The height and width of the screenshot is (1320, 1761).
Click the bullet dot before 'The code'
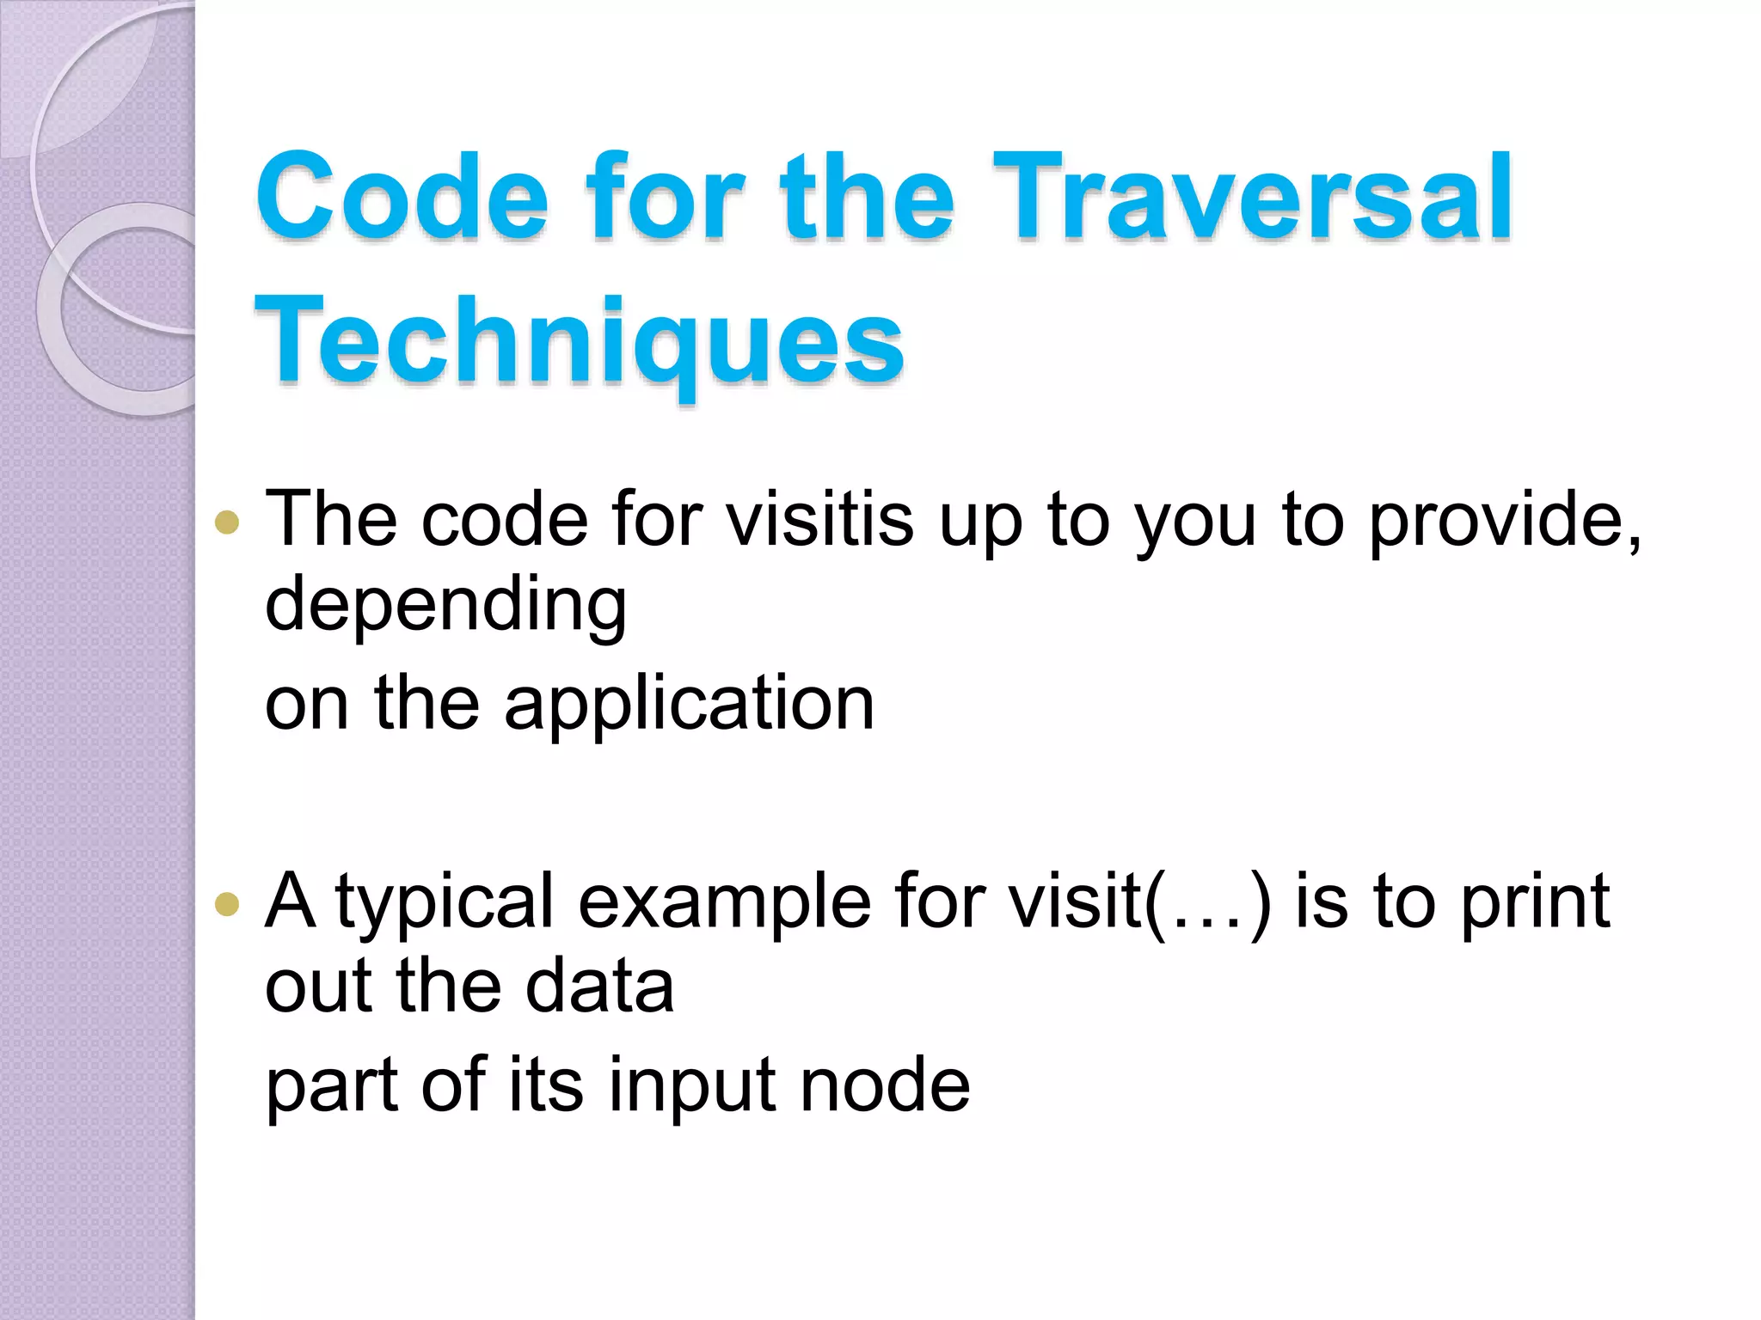tap(227, 522)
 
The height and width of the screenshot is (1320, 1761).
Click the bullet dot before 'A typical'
tap(227, 903)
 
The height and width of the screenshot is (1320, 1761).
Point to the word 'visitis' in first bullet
tap(820, 519)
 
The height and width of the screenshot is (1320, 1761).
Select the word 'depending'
tap(445, 604)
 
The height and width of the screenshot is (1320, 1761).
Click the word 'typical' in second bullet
tap(445, 902)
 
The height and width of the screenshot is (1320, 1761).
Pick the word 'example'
tap(724, 902)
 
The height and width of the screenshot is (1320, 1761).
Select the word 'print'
tap(1535, 902)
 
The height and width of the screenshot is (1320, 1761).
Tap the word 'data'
tap(599, 986)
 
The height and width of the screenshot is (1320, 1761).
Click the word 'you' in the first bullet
tap(1198, 519)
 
